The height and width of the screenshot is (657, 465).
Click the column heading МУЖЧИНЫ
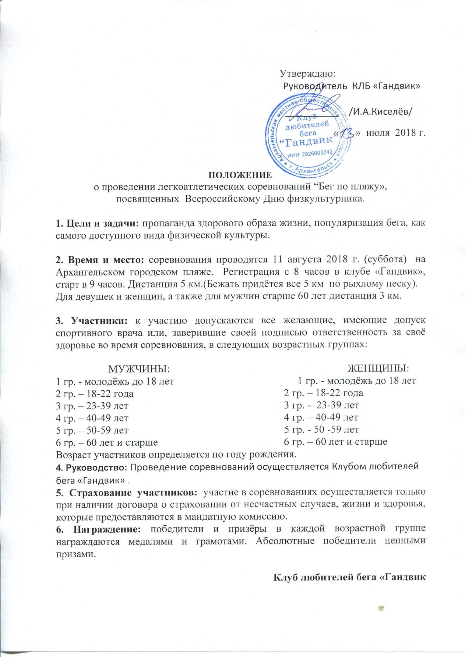click(x=139, y=369)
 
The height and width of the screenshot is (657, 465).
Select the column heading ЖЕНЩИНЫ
click(x=379, y=368)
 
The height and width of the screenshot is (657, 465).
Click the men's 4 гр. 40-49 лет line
click(x=92, y=418)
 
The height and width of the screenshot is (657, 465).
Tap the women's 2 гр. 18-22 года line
click(x=323, y=393)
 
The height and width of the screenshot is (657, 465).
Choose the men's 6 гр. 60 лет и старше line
click(x=107, y=442)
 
